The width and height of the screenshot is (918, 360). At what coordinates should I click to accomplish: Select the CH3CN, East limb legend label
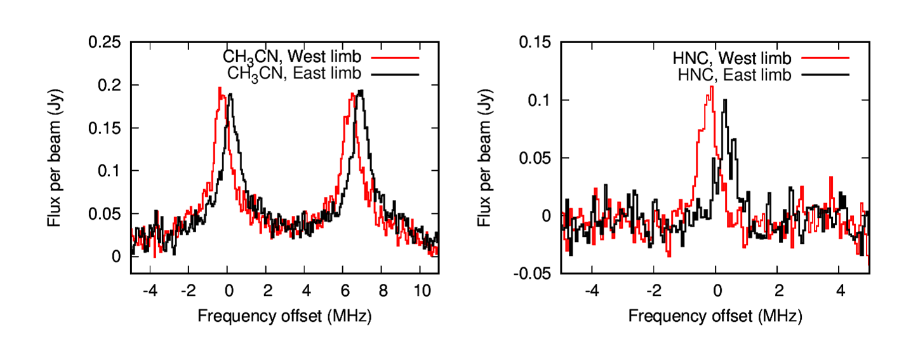click(x=294, y=74)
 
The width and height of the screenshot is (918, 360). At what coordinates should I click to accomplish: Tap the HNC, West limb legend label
click(x=732, y=59)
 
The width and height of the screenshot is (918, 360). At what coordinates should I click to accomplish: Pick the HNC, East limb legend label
click(x=732, y=75)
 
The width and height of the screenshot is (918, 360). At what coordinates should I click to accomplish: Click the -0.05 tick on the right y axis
click(x=537, y=274)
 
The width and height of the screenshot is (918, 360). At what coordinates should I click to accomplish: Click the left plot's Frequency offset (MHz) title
click(x=284, y=316)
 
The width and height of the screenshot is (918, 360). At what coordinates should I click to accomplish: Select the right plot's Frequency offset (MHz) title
click(x=715, y=316)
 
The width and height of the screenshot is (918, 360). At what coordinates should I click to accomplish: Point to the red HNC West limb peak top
click(x=712, y=87)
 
